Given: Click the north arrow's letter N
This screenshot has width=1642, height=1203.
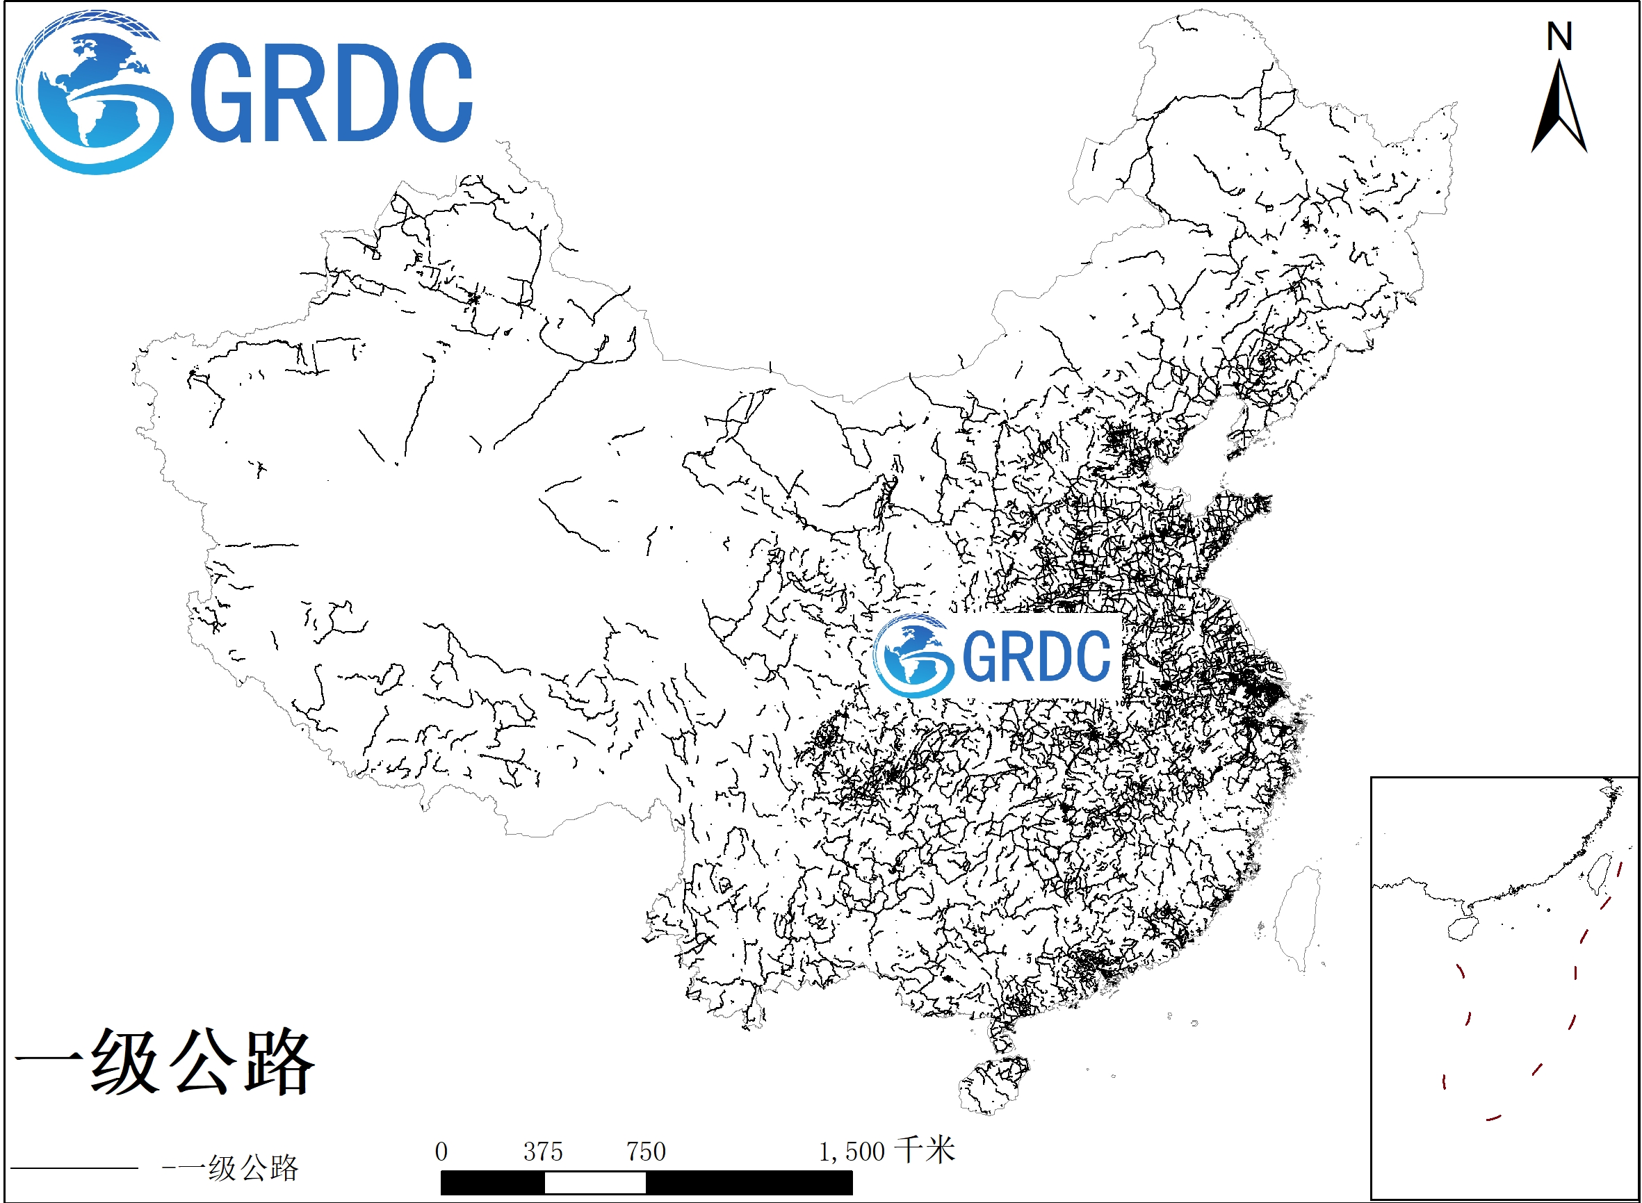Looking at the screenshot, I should point(1559,36).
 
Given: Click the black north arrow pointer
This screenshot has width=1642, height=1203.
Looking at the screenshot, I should point(1559,109).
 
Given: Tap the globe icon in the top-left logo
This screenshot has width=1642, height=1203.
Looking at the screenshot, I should point(95,92).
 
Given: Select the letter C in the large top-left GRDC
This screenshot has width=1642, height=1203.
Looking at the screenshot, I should point(438,92).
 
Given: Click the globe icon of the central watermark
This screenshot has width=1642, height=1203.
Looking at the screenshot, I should point(913,656).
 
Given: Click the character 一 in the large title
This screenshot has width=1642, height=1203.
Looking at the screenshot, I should point(48,1061).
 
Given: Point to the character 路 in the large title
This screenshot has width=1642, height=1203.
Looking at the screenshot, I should point(279,1061).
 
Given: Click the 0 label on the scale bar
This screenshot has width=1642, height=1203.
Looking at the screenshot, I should point(441,1152).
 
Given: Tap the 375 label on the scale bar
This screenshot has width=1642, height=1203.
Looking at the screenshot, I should point(543,1152).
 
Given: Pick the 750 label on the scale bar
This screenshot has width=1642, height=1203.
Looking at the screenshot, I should point(647,1152).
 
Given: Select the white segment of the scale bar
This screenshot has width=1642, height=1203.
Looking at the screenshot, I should point(594,1184).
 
